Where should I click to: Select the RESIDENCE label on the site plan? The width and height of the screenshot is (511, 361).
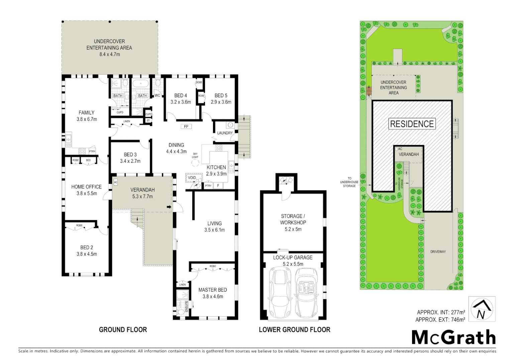click(412, 124)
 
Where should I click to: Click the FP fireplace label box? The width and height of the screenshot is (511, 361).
click(186, 126)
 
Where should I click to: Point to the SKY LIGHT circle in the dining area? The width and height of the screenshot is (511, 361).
click(195, 163)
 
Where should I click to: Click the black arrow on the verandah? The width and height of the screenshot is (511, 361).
click(169, 208)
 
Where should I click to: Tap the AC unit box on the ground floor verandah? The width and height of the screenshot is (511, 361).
click(116, 182)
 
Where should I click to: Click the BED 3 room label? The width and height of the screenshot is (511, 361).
click(130, 154)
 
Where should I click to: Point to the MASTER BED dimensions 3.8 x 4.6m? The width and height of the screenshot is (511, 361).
click(213, 296)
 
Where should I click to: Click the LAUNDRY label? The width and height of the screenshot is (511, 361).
click(225, 133)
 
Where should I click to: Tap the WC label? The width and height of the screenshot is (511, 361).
click(157, 96)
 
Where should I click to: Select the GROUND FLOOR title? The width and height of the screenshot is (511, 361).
click(123, 330)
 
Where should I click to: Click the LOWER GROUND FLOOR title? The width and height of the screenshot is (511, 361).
click(294, 330)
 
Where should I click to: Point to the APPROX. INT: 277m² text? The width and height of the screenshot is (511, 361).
click(440, 312)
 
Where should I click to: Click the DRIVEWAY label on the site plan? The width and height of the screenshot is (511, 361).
click(438, 252)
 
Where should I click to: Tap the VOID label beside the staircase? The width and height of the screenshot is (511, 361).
click(192, 177)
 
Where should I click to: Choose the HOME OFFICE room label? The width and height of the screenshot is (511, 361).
click(86, 187)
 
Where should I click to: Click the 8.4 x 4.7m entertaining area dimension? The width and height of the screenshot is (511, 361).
click(109, 54)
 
